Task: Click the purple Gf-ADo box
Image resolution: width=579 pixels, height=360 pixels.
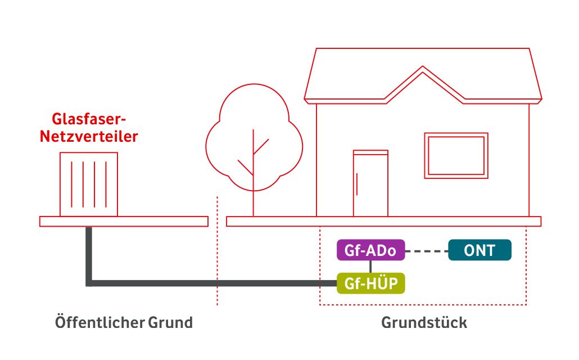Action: tap(370, 250)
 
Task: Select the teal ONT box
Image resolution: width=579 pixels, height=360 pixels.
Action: tap(480, 250)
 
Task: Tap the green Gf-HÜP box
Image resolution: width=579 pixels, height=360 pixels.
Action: tap(370, 283)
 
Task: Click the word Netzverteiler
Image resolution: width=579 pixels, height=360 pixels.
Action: tap(89, 136)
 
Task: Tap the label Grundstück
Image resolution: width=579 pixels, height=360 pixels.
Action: tap(424, 323)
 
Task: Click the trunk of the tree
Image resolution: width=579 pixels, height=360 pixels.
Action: tap(254, 197)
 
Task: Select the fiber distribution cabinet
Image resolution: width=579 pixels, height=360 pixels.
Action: tap(89, 184)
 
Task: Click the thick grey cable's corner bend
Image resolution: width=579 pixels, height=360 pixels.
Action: tap(89, 282)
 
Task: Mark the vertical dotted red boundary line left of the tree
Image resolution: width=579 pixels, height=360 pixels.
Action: tap(217, 253)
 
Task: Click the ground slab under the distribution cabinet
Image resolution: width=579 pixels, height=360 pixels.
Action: tap(124, 221)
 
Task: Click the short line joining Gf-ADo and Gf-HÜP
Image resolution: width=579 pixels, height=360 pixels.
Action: tap(370, 267)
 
